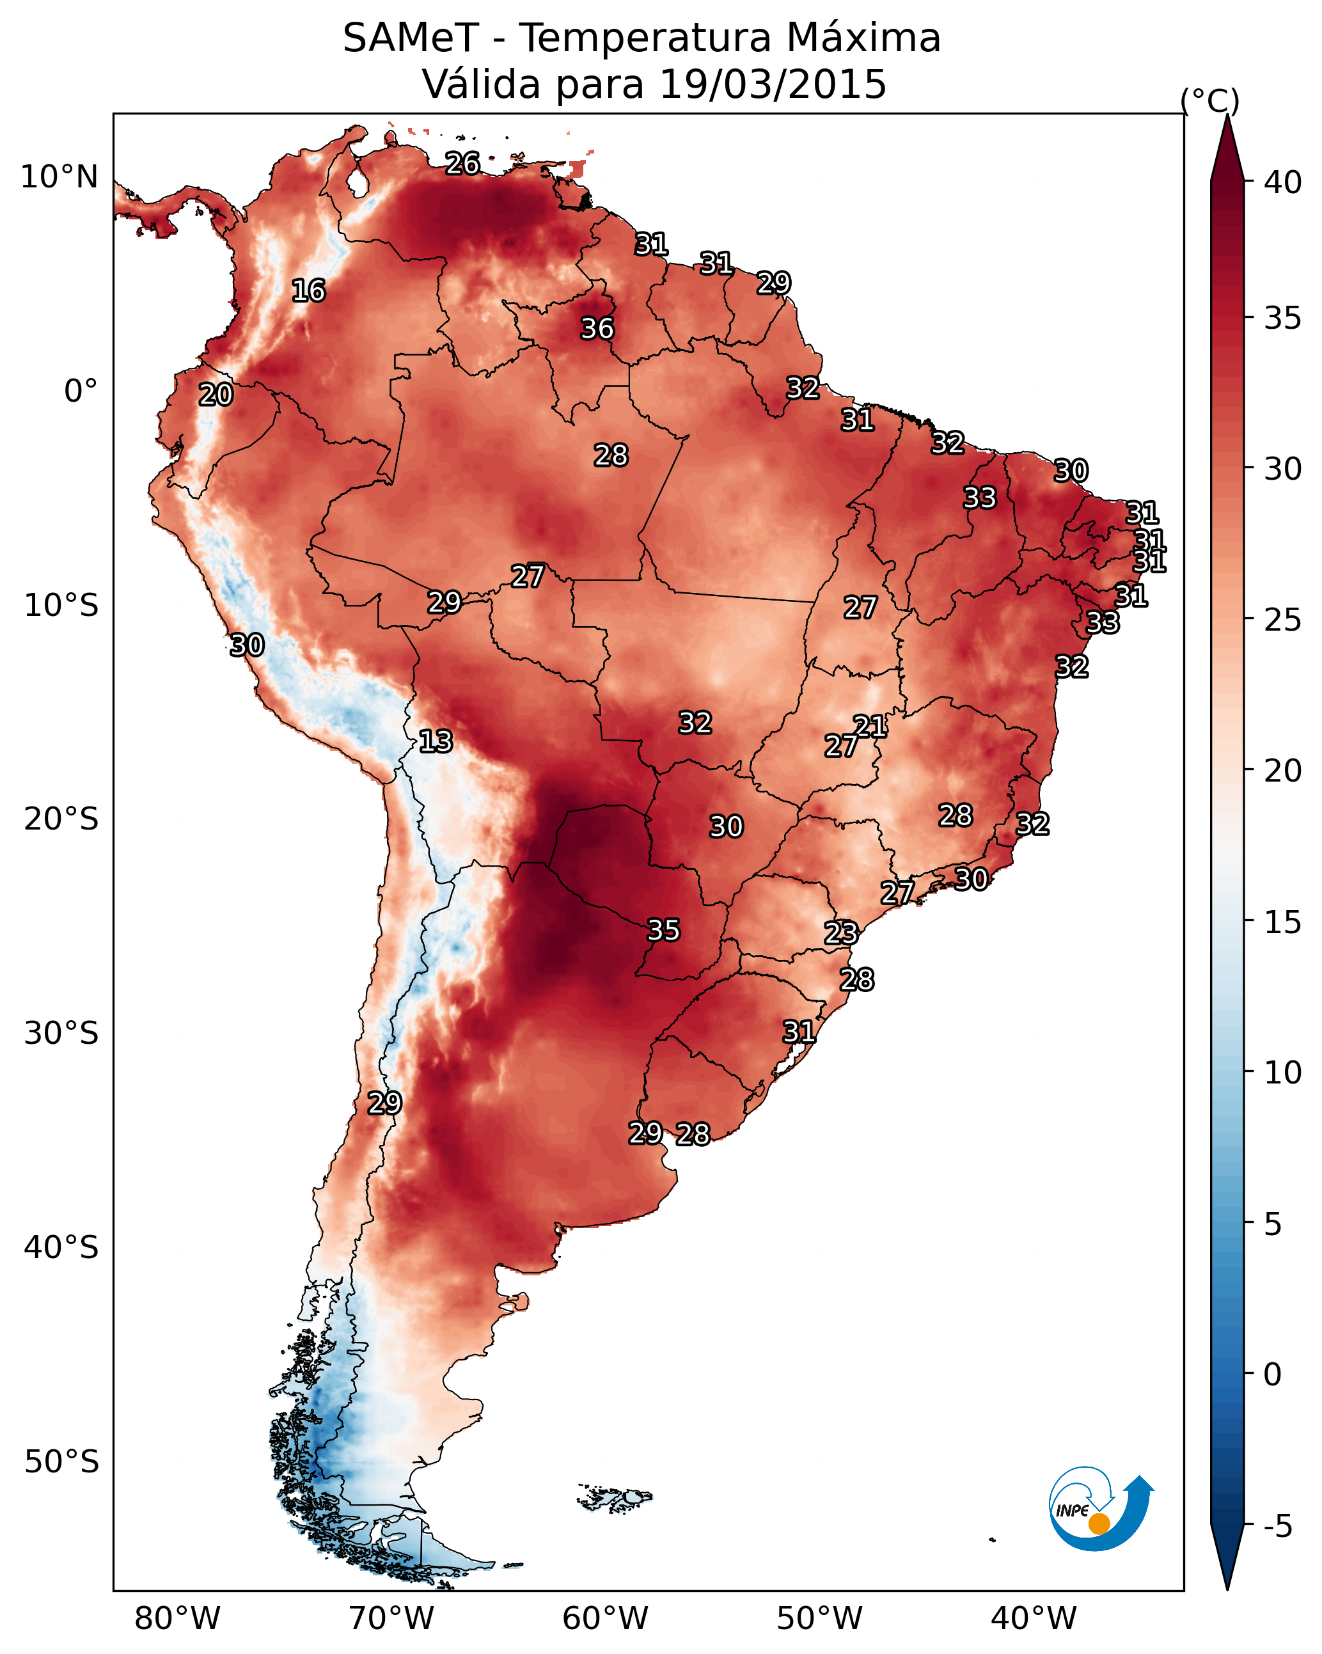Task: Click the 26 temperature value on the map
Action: pyautogui.click(x=462, y=163)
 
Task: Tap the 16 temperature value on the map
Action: pyautogui.click(x=308, y=291)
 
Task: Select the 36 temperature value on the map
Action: pyautogui.click(x=597, y=328)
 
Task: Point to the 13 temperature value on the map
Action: pyautogui.click(x=436, y=741)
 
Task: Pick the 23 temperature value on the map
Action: pyautogui.click(x=841, y=933)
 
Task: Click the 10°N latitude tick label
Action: pyautogui.click(x=59, y=177)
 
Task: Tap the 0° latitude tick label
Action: pyautogui.click(x=81, y=391)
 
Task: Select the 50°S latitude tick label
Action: pyautogui.click(x=61, y=1462)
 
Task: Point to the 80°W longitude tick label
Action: pyautogui.click(x=177, y=1619)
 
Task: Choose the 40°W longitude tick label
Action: pyautogui.click(x=1034, y=1619)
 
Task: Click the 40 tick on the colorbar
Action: pyautogui.click(x=1283, y=182)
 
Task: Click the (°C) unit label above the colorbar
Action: pyautogui.click(x=1210, y=101)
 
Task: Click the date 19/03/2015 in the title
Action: pyautogui.click(x=773, y=84)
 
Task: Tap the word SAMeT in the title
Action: pyautogui.click(x=411, y=38)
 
